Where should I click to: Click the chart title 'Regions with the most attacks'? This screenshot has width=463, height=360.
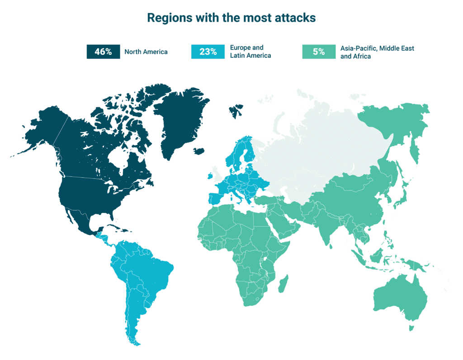(x=231, y=18)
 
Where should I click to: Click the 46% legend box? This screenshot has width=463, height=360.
(x=103, y=52)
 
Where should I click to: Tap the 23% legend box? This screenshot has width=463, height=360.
(x=208, y=52)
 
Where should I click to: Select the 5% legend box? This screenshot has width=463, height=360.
(x=319, y=52)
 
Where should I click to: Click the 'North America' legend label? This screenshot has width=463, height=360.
(x=146, y=52)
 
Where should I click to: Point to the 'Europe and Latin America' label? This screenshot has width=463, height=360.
(x=250, y=52)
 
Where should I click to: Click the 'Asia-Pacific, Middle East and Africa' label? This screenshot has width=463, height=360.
(x=377, y=52)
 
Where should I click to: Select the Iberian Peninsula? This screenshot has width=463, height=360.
(x=216, y=199)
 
